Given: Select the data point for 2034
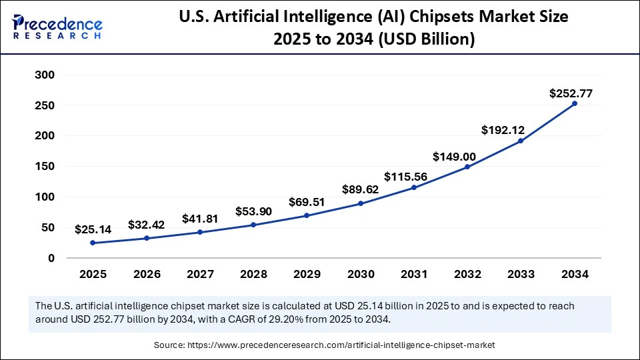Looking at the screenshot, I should (575, 103).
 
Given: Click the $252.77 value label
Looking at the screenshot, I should (571, 93).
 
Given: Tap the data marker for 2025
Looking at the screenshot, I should (93, 243).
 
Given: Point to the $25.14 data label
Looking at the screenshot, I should (93, 229).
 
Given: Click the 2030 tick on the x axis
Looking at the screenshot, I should (361, 274).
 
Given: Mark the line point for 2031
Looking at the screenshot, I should (414, 187).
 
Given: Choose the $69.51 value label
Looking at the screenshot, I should (307, 201).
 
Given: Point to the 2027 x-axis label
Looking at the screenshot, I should (200, 274).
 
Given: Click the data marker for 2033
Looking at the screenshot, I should (521, 141).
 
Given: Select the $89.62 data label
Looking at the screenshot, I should (360, 189).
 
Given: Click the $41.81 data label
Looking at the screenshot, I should (200, 218).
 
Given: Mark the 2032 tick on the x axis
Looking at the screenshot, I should (467, 274).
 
